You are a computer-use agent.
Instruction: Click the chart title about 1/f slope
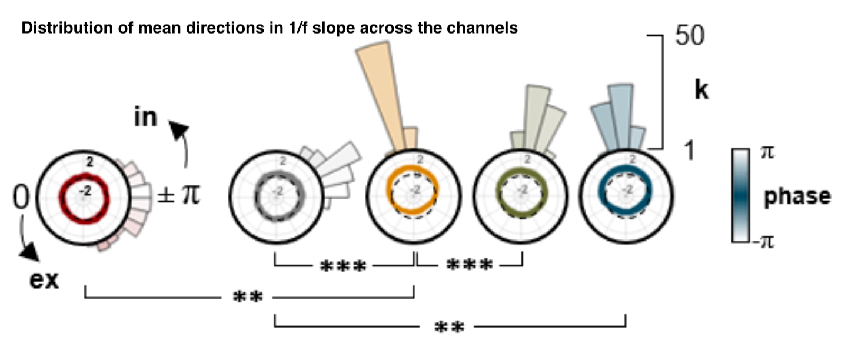click(x=270, y=28)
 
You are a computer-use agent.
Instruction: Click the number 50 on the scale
click(x=689, y=36)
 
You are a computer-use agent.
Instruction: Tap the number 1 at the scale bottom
click(x=689, y=151)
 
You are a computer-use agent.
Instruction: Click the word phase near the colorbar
click(x=797, y=196)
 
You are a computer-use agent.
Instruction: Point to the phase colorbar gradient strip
click(x=740, y=195)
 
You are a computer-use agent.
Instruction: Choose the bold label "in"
click(x=145, y=118)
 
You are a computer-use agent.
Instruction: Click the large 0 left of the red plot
click(x=21, y=198)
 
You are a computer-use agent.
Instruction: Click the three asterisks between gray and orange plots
click(x=342, y=266)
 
